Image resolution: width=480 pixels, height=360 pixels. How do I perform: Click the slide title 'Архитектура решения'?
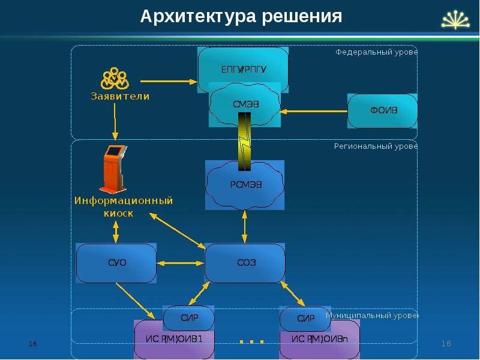click(241, 16)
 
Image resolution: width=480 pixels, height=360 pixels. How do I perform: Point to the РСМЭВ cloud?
click(245, 184)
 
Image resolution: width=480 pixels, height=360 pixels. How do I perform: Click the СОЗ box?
click(244, 263)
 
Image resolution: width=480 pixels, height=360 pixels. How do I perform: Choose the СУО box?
click(116, 263)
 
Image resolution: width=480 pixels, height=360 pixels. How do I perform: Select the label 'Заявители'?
click(120, 96)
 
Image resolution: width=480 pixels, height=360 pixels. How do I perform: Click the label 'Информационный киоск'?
click(124, 206)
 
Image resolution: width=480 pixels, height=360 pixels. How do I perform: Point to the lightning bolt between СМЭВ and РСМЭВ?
click(245, 142)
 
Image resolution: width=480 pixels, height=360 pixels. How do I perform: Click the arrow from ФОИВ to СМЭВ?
click(314, 111)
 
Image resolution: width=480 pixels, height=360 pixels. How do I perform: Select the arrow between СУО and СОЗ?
click(180, 263)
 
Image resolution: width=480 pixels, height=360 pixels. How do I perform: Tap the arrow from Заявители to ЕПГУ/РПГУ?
click(168, 81)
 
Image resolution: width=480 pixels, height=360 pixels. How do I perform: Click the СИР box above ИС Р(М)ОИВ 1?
click(188, 318)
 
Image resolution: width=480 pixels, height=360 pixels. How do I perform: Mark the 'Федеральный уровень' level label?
click(376, 52)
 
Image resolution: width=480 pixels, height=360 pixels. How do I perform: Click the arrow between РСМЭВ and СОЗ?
click(245, 226)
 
